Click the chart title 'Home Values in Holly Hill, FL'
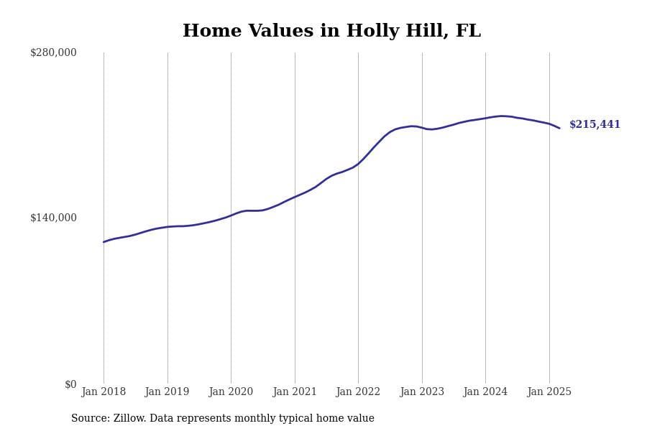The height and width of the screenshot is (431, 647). point(331,32)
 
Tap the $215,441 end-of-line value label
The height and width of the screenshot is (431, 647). point(595,124)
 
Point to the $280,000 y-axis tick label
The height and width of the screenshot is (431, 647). point(53,52)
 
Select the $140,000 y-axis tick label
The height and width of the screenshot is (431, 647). point(53,218)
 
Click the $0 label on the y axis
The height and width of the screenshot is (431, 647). point(70,384)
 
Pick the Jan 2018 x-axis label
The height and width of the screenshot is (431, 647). point(104,391)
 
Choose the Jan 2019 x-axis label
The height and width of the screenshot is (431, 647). point(167,391)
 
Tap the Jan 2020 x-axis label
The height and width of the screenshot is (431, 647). point(231,391)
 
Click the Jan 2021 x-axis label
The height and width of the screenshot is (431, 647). point(295,391)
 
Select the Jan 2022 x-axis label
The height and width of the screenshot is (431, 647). point(358,391)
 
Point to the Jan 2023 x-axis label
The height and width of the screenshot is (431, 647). point(422,391)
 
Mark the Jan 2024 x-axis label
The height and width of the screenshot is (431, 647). point(485,391)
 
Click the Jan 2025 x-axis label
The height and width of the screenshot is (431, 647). point(549,391)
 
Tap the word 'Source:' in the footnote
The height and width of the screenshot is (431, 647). point(90,418)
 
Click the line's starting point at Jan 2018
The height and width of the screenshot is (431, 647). point(104,241)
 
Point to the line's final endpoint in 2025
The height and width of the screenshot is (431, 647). point(559,128)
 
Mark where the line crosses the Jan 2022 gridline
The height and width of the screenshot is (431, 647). point(358,163)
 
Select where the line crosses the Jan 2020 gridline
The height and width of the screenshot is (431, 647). point(231,215)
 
